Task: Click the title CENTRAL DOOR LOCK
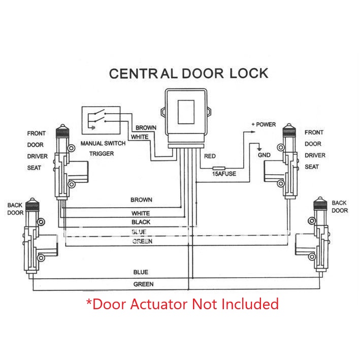click(188, 73)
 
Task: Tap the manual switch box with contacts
click(101, 120)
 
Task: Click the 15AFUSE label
click(223, 174)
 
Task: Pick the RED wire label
click(210, 156)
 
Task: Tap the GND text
click(265, 154)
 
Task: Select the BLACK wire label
click(141, 222)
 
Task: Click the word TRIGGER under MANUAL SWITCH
click(102, 153)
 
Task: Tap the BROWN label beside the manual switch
click(146, 128)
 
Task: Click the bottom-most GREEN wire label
click(143, 284)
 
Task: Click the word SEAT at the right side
click(312, 167)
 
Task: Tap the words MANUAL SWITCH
click(102, 144)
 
